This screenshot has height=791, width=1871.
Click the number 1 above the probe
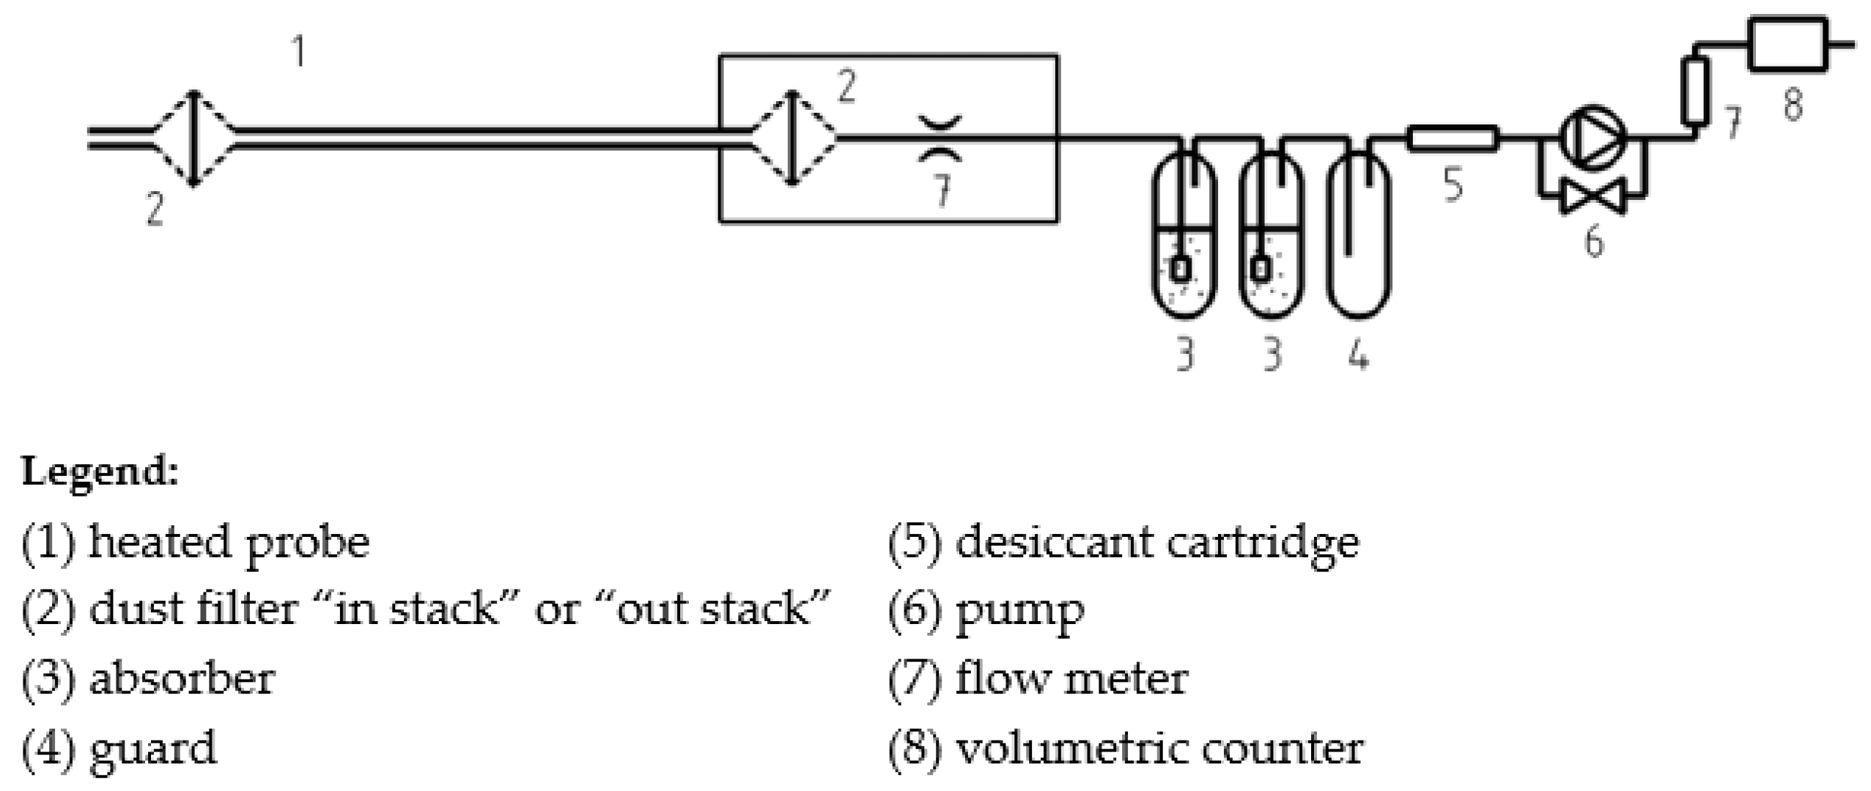[x=298, y=52]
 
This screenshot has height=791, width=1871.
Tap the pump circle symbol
[x=1592, y=137]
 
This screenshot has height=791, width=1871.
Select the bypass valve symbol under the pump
[x=1593, y=196]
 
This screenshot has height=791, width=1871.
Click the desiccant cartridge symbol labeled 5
[x=1452, y=138]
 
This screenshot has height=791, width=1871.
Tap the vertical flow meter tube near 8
[x=1694, y=91]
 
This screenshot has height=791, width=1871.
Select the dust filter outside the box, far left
[x=193, y=138]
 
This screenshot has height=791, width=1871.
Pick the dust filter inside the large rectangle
[x=791, y=138]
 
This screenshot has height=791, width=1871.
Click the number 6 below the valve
[x=1594, y=241]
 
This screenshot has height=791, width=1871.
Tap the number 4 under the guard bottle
[x=1358, y=357]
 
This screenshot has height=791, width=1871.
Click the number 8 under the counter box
[x=1793, y=103]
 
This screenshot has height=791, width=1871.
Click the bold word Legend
[x=100, y=470]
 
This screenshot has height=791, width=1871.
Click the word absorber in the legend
[x=182, y=679]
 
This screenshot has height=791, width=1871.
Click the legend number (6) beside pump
[x=914, y=610]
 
